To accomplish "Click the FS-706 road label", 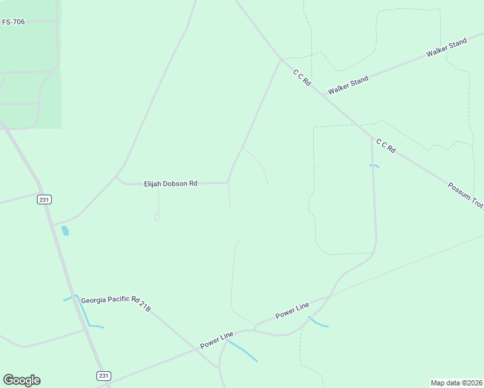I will point(13,22).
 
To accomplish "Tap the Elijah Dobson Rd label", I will point(170,184).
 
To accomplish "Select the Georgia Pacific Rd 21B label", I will point(116,303).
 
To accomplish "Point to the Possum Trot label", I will point(465,195).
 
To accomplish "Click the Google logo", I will point(21,380).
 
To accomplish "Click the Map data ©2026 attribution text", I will point(456,382).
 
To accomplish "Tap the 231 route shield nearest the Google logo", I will point(104,376).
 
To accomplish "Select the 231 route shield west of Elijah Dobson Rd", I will point(44,200).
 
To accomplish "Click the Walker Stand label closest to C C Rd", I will point(348,85).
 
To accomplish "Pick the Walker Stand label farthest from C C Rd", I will point(446,48).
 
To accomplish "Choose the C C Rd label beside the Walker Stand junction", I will point(302,78).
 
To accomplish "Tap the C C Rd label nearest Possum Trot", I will point(385,147).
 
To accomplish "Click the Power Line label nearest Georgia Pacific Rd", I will point(217,340).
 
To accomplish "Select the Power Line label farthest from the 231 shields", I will point(292,310).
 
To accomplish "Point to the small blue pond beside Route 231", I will point(65,230).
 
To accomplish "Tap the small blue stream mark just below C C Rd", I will point(374,166).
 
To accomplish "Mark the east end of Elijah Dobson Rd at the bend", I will point(228,182).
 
